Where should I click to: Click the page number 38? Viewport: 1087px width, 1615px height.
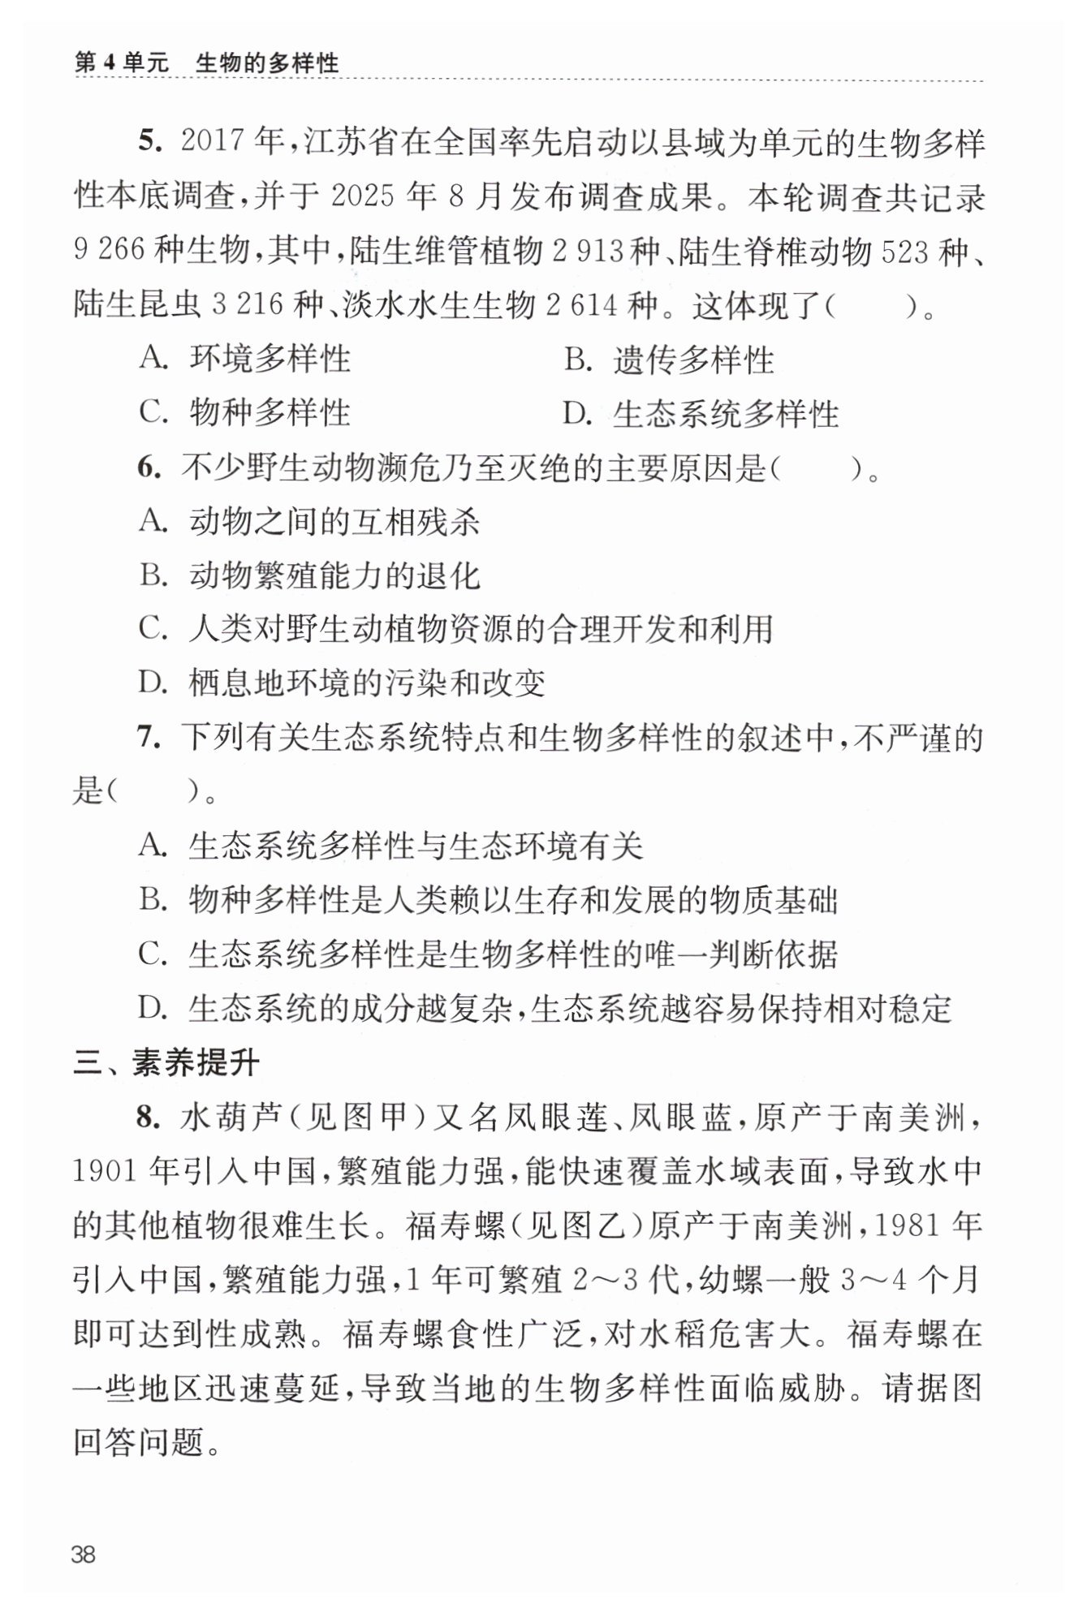point(84,1554)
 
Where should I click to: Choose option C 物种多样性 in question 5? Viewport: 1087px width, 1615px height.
point(244,412)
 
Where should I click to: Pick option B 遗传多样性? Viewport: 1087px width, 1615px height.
point(669,359)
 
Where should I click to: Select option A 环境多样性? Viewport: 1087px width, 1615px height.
point(244,359)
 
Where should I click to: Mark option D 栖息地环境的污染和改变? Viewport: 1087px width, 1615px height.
point(342,683)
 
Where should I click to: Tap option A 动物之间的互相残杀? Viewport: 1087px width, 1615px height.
point(309,521)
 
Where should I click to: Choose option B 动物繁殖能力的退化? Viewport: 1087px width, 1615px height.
point(309,575)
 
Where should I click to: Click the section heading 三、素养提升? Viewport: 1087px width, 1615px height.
point(166,1063)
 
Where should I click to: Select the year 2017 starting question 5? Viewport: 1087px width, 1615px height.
point(213,142)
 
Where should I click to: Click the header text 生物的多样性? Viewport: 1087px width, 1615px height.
point(267,63)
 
